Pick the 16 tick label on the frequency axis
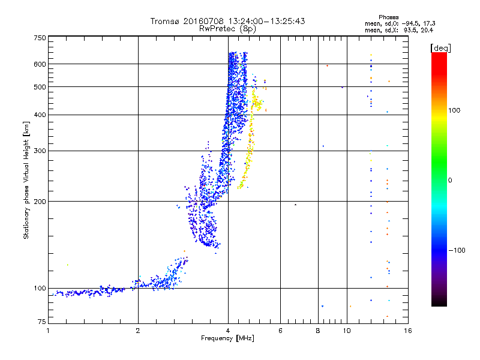pos(407,331)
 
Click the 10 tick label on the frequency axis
pos(347,331)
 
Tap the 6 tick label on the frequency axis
pos(281,331)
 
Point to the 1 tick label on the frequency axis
pos(49,331)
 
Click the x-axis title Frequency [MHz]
pos(227,339)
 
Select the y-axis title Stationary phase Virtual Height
pos(26,180)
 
